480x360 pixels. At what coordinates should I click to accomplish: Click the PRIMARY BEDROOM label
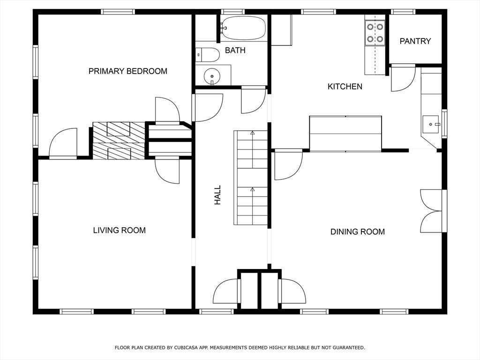(x=128, y=71)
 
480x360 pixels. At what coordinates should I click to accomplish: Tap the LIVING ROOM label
(x=120, y=230)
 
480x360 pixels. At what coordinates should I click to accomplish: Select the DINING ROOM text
(x=358, y=232)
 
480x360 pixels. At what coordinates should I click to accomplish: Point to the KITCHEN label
(x=345, y=87)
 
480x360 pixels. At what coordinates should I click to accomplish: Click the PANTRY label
(x=415, y=41)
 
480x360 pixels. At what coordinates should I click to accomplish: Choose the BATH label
(x=235, y=50)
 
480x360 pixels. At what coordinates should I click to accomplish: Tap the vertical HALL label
(x=217, y=195)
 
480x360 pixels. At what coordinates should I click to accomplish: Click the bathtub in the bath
(x=243, y=28)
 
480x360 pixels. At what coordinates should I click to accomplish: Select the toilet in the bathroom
(x=208, y=55)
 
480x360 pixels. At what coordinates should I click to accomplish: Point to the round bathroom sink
(x=212, y=75)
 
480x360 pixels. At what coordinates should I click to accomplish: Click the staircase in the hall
(x=251, y=178)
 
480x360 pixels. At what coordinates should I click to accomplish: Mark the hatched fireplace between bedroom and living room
(x=119, y=141)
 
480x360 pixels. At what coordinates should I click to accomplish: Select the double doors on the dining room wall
(x=432, y=211)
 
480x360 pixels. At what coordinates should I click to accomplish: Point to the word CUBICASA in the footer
(x=187, y=347)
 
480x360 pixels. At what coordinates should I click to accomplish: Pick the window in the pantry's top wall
(x=403, y=12)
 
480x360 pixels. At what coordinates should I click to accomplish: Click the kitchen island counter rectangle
(x=345, y=134)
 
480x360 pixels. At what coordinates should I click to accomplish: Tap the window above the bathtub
(x=232, y=12)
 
